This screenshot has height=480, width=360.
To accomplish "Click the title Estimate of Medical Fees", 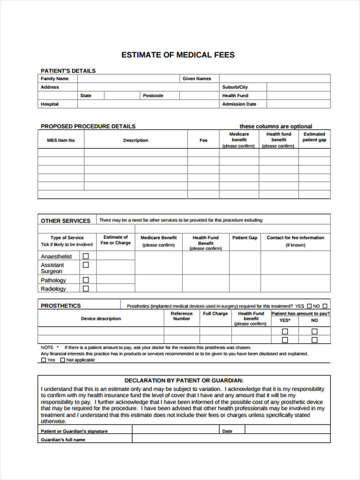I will click(178, 55).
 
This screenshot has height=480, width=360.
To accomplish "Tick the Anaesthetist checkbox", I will click(86, 256).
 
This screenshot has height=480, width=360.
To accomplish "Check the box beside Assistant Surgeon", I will click(86, 265).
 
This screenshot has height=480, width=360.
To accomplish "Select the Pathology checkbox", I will click(86, 280).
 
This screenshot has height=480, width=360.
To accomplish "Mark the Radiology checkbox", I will click(86, 288).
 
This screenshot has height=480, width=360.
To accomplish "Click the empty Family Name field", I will click(128, 79).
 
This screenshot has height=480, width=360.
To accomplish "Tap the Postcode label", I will click(153, 96).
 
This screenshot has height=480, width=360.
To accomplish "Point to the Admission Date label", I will click(239, 104).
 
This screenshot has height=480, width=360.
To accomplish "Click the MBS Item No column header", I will click(61, 140).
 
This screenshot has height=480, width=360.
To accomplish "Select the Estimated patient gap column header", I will click(314, 137).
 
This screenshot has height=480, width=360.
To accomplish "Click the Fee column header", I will click(203, 140).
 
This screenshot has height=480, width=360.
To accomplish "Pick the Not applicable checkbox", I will click(62, 360).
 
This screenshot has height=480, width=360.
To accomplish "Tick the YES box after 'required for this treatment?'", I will click(309, 306).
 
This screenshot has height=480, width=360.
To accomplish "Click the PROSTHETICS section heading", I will click(61, 306).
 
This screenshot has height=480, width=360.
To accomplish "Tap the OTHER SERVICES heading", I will click(66, 221).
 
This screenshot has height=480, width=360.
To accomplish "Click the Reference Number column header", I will click(182, 316).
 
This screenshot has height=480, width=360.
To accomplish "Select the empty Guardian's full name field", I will click(231, 439).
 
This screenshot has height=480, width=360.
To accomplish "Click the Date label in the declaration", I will click(227, 431).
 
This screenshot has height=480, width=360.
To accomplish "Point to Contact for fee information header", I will click(295, 238).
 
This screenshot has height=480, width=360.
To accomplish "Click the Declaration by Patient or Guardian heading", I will click(184, 380).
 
